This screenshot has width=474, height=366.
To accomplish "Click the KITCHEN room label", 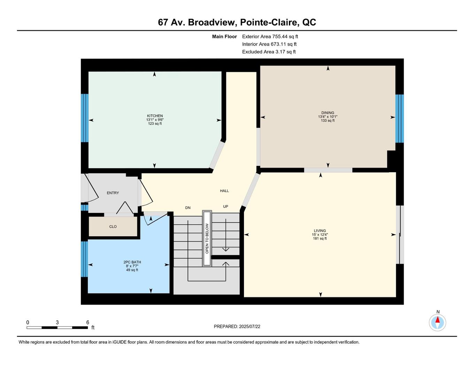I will click(x=155, y=116).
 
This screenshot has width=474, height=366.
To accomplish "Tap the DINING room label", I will click(x=328, y=113).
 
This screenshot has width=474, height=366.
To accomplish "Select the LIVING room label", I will click(x=320, y=230).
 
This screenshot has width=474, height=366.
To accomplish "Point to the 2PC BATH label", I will click(x=132, y=262).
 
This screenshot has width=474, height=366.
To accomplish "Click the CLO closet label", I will click(x=113, y=227).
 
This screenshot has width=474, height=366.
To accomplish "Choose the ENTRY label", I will click(x=113, y=193).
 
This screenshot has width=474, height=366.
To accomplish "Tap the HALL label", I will click(x=224, y=191).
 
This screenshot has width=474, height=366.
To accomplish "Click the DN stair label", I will click(x=188, y=208).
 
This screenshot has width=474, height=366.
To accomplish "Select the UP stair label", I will click(x=225, y=206).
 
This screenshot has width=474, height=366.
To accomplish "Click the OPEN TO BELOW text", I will click(x=207, y=238).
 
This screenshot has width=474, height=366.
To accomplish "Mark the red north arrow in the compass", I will click(x=437, y=320).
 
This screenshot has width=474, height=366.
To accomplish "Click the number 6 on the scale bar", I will click(x=88, y=322).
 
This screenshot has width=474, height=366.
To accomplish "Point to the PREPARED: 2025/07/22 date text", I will click(x=237, y=327).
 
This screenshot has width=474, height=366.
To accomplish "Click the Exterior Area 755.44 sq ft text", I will click(x=270, y=36).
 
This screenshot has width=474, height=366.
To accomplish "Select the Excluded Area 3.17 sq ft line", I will click(x=269, y=52).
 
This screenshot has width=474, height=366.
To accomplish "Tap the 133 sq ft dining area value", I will click(x=328, y=121).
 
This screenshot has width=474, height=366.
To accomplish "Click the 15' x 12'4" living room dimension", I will click(x=320, y=235).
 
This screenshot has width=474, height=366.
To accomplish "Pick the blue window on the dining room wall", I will click(x=399, y=119).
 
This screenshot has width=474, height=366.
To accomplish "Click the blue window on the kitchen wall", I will click(x=85, y=118).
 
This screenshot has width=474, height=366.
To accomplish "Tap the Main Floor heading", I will click(x=224, y=36).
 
